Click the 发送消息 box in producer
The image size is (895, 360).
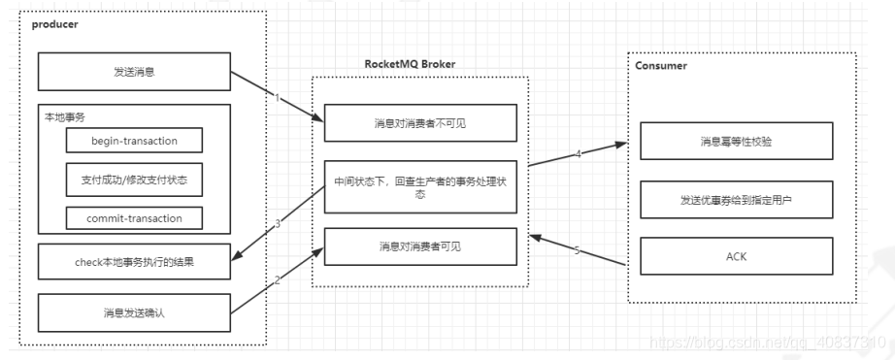click(x=133, y=73)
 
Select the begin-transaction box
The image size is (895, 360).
click(x=134, y=141)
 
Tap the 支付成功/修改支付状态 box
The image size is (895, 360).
click(x=134, y=180)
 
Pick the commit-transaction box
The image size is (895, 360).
click(x=134, y=216)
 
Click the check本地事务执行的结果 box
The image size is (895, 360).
click(x=133, y=260)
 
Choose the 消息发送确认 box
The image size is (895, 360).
click(x=133, y=311)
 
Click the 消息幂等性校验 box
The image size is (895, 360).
click(x=737, y=142)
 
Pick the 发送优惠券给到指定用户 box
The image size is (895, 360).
click(x=737, y=199)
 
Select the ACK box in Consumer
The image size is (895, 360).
click(x=737, y=257)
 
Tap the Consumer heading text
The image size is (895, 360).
click(x=661, y=66)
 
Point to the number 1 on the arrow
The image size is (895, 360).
click(x=277, y=98)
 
